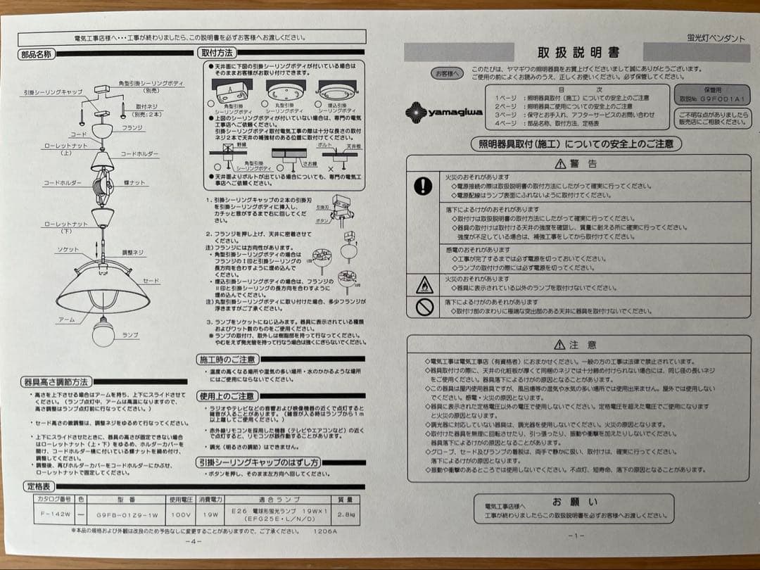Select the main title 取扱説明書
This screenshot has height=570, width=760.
tap(578, 53)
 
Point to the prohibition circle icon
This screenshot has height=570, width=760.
tap(423, 306)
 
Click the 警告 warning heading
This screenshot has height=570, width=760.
tap(577, 163)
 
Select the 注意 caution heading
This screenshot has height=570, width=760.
tap(576, 345)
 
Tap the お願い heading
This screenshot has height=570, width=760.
tap(574, 502)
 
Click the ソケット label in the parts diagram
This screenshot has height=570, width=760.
tap(68, 250)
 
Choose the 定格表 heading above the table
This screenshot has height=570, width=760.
tap(38, 486)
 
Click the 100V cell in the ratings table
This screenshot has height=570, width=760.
tap(180, 514)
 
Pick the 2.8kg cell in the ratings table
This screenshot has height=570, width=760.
tap(346, 514)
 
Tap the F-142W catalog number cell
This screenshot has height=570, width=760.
tap(53, 514)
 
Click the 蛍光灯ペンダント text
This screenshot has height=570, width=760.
tap(715, 38)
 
